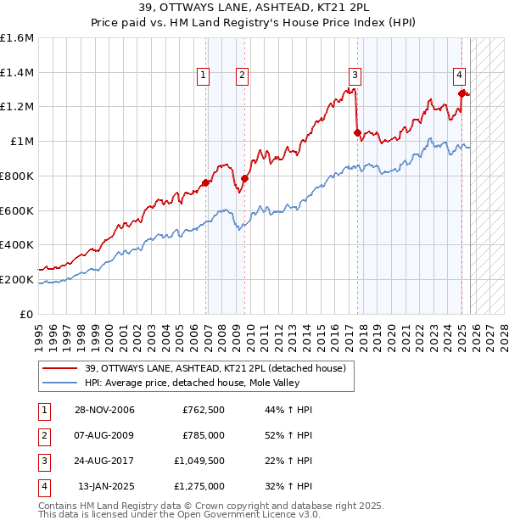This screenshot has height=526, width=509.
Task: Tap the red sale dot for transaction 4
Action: pyautogui.click(x=461, y=93)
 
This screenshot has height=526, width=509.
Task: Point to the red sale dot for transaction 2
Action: pyautogui.click(x=244, y=178)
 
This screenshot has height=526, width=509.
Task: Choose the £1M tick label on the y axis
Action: pyautogui.click(x=22, y=142)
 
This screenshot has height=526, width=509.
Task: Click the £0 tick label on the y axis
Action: pyautogui.click(x=27, y=314)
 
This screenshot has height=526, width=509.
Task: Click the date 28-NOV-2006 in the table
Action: pyautogui.click(x=104, y=410)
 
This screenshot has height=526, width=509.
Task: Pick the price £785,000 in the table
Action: pyautogui.click(x=203, y=435)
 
